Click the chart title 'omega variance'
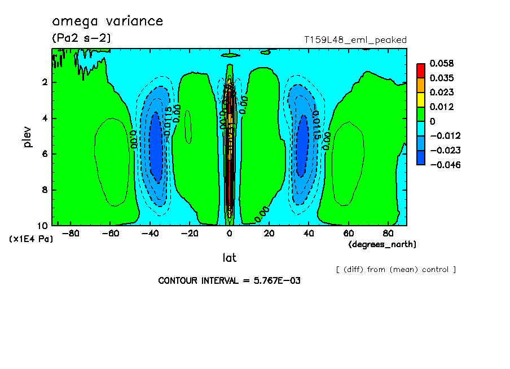(107, 21)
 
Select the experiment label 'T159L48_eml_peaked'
(355, 40)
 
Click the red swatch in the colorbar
(421, 70)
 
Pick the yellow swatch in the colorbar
(421, 99)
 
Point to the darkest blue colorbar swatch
(421, 157)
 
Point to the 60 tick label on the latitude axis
(349, 233)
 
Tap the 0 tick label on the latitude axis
(230, 233)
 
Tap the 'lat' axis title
(229, 258)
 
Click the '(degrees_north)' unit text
(383, 244)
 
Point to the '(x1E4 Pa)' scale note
(31, 239)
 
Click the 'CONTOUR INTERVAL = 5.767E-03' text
(229, 280)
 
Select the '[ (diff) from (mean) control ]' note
(395, 269)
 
